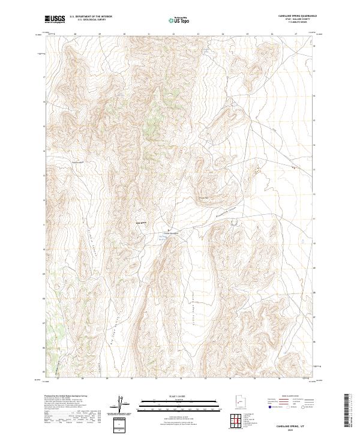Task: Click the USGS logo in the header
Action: (x=55, y=19)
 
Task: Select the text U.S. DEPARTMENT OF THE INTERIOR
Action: (x=91, y=17)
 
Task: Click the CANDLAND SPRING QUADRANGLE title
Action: (x=297, y=16)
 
